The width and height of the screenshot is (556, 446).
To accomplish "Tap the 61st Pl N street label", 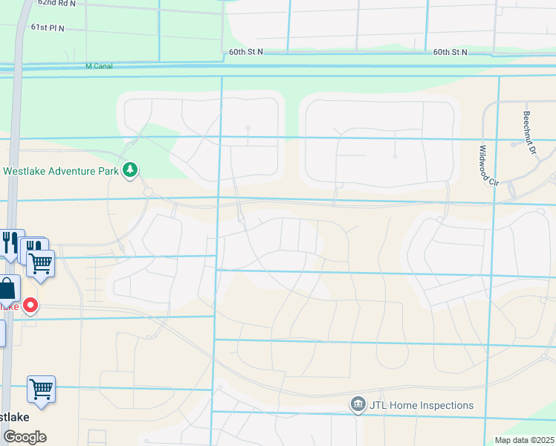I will (x=48, y=28).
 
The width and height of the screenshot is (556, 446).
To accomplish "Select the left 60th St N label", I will (x=246, y=52).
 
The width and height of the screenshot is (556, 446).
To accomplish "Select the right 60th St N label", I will (x=450, y=52).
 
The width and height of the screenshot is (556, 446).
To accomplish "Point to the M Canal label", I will (x=98, y=66).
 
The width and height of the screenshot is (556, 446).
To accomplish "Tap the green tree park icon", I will (x=131, y=170).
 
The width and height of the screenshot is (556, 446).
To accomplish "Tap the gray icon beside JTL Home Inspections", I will (x=358, y=404).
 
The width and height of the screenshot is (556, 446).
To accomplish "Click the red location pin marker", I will (x=30, y=305).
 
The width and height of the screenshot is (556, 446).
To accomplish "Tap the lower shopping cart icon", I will (x=41, y=389).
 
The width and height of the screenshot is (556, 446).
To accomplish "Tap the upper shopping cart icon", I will (x=41, y=262).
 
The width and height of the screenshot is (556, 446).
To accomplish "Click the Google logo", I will (x=24, y=437).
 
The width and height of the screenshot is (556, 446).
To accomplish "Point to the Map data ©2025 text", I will (x=523, y=440).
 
